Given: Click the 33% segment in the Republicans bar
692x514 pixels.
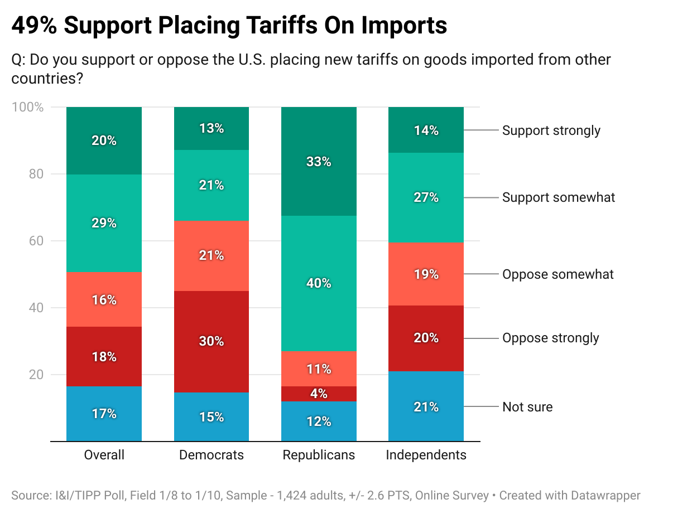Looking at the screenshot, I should pos(319,161).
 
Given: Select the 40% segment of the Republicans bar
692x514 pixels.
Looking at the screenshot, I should pos(319,283).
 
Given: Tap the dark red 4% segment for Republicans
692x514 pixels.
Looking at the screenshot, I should pos(319,394).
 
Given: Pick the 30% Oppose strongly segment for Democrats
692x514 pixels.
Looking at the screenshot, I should pos(212,341).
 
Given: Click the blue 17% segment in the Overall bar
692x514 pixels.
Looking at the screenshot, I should pos(104,414).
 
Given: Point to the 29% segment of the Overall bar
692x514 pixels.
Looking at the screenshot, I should pos(104,223).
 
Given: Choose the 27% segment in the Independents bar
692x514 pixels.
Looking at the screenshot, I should pos(426,197).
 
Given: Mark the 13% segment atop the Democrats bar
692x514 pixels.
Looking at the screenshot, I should pos(212,128).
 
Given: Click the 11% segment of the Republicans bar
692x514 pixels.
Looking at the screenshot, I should pos(319,368).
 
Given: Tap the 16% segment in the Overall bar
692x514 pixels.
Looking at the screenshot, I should pos(104,300).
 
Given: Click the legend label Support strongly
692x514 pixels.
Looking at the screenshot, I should pos(551,130).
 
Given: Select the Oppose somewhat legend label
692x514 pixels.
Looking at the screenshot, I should pos(558,274).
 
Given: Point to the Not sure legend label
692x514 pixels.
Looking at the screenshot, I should pos(527,407).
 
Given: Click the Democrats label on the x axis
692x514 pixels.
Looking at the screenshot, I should pos(212,455).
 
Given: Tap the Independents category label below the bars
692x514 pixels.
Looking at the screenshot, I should pos(426,455).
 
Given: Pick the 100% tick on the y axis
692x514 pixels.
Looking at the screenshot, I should pos(27,107).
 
